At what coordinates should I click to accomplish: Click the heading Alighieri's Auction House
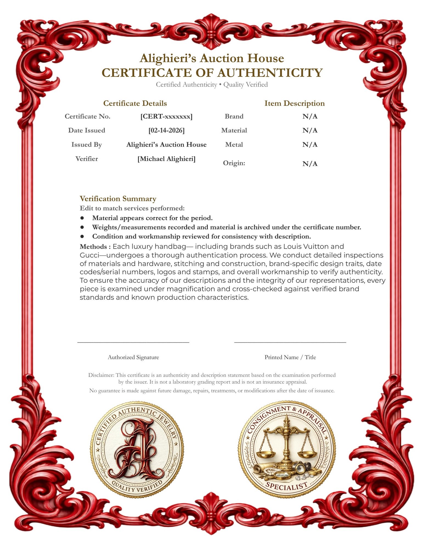(x=212, y=58)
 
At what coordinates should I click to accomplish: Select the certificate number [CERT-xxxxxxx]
(x=166, y=116)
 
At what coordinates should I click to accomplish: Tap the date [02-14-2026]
(x=166, y=130)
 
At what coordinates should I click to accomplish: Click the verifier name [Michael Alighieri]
(x=166, y=159)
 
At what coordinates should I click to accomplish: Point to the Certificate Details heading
(x=135, y=103)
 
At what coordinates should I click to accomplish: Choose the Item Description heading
(x=294, y=103)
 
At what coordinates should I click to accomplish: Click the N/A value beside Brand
(x=310, y=116)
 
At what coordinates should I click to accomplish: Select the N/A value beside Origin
(x=310, y=164)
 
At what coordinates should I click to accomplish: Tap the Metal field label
(x=234, y=144)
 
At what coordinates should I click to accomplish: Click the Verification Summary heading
(x=118, y=198)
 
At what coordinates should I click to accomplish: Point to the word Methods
(x=93, y=247)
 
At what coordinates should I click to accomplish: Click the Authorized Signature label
(x=133, y=357)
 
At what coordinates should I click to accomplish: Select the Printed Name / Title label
(x=290, y=357)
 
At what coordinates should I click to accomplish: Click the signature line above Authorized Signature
(x=133, y=342)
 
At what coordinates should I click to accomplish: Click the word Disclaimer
(x=101, y=375)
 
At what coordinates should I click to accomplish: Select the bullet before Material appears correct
(x=82, y=218)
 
